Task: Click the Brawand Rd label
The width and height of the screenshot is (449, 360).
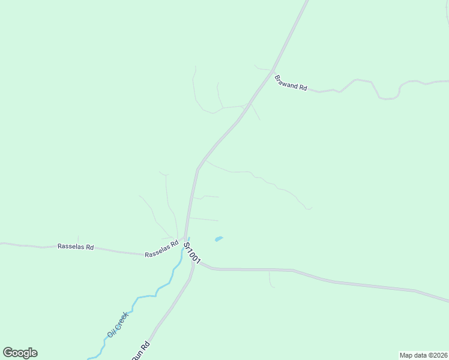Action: [x=291, y=83]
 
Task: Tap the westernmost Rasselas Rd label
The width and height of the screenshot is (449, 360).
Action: [x=76, y=247]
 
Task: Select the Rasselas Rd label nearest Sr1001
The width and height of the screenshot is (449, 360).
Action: [x=162, y=250]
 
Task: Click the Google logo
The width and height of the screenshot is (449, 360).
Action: [x=20, y=353]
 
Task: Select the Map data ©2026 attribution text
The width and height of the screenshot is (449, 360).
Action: [x=423, y=355]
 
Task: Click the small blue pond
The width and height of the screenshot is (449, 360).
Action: [x=219, y=239]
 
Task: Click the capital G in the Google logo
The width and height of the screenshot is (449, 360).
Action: [x=8, y=353]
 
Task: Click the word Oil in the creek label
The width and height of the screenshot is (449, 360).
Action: [x=110, y=333]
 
